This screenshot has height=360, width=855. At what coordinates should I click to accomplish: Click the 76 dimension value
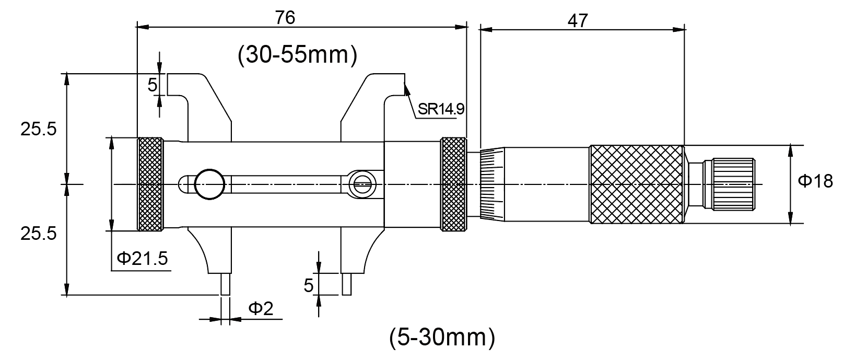(285, 17)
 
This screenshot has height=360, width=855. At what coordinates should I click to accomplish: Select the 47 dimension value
(577, 20)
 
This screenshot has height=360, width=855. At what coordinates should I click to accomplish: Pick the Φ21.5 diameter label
(143, 259)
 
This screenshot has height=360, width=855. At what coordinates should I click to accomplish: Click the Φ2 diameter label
(260, 309)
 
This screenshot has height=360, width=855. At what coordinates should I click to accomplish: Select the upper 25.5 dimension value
(38, 130)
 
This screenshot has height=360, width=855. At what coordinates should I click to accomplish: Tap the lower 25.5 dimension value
(38, 234)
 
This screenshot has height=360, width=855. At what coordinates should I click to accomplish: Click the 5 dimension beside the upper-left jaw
(152, 85)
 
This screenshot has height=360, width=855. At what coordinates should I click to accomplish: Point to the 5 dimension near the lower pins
(309, 285)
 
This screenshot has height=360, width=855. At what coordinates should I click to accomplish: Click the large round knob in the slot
(209, 184)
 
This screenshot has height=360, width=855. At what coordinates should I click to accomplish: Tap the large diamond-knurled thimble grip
(636, 184)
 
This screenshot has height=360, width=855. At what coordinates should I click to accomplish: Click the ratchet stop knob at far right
(731, 184)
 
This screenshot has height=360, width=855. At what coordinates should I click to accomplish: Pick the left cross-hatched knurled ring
(150, 184)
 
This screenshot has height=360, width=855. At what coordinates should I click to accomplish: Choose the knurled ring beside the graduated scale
(453, 184)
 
